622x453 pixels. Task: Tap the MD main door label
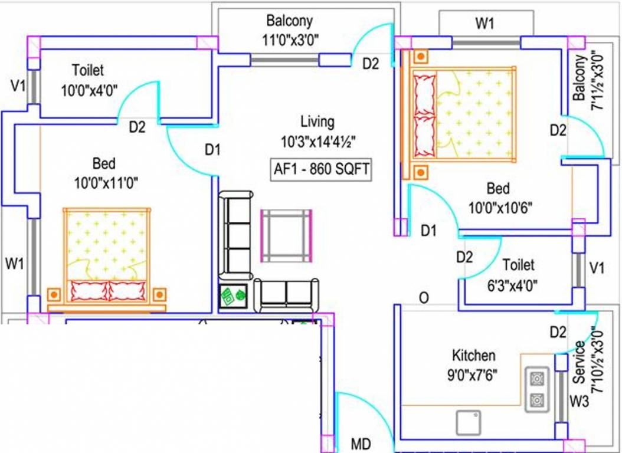pos(361,443)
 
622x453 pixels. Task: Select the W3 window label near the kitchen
pos(580,402)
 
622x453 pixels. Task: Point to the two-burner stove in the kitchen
pos(537,389)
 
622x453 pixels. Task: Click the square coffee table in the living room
pos(286,236)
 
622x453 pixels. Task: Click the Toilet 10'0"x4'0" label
pos(89,80)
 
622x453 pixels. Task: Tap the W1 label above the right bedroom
pos(484,24)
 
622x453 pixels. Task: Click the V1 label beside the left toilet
pos(18,86)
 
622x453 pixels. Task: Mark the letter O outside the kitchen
pos(423,298)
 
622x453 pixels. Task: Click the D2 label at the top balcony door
pos(370,64)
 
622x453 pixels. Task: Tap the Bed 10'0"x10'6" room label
pos(497,198)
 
